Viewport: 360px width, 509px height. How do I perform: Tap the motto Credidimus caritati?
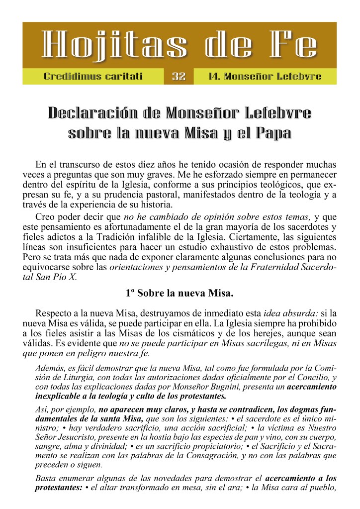point(93,77)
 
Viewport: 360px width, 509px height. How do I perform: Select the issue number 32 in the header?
point(179,77)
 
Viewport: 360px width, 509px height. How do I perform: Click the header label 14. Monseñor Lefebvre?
point(265,77)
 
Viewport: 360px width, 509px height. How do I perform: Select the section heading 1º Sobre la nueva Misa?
point(180,293)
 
